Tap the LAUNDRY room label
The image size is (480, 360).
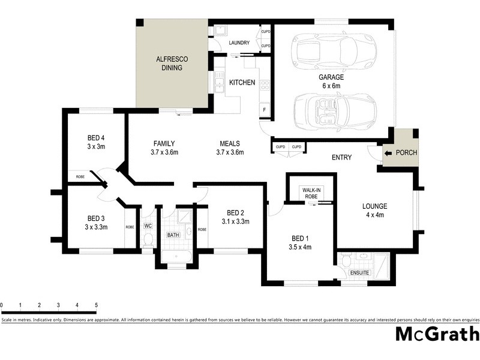(x=239, y=43)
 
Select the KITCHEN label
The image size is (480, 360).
(x=242, y=82)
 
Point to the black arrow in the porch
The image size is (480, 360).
(x=388, y=153)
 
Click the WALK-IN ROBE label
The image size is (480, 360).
(x=311, y=193)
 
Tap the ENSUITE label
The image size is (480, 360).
(x=360, y=273)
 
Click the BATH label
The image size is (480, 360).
(x=173, y=235)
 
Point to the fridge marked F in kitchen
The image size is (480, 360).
(x=263, y=109)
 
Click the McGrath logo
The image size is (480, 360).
(x=436, y=334)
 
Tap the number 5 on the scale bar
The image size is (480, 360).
(x=96, y=305)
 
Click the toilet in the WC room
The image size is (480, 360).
(x=148, y=240)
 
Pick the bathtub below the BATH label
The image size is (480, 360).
(x=176, y=257)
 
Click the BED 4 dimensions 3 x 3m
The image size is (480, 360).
(x=96, y=146)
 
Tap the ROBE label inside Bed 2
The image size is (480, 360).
(x=202, y=230)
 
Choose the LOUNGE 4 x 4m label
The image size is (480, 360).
(x=374, y=211)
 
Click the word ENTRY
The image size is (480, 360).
(x=341, y=157)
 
